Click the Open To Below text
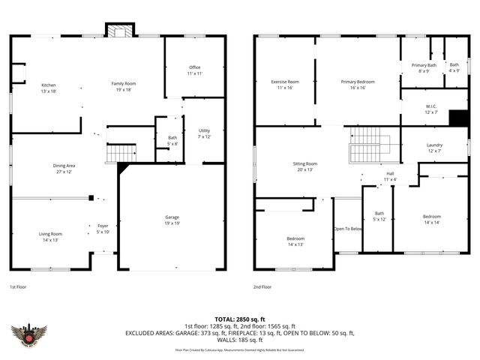[x=348, y=229]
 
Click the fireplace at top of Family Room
[x=118, y=31]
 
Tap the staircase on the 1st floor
[x=119, y=154]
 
